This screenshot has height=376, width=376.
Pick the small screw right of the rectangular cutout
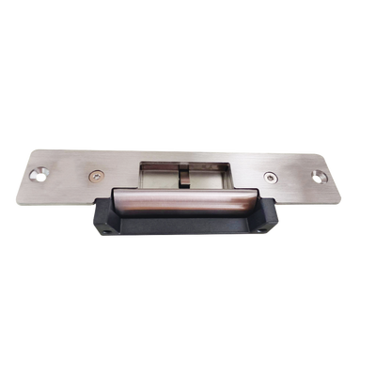click(x=271, y=175)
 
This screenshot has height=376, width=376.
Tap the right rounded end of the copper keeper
click(x=256, y=200)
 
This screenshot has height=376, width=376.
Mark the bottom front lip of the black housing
click(x=183, y=230)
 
